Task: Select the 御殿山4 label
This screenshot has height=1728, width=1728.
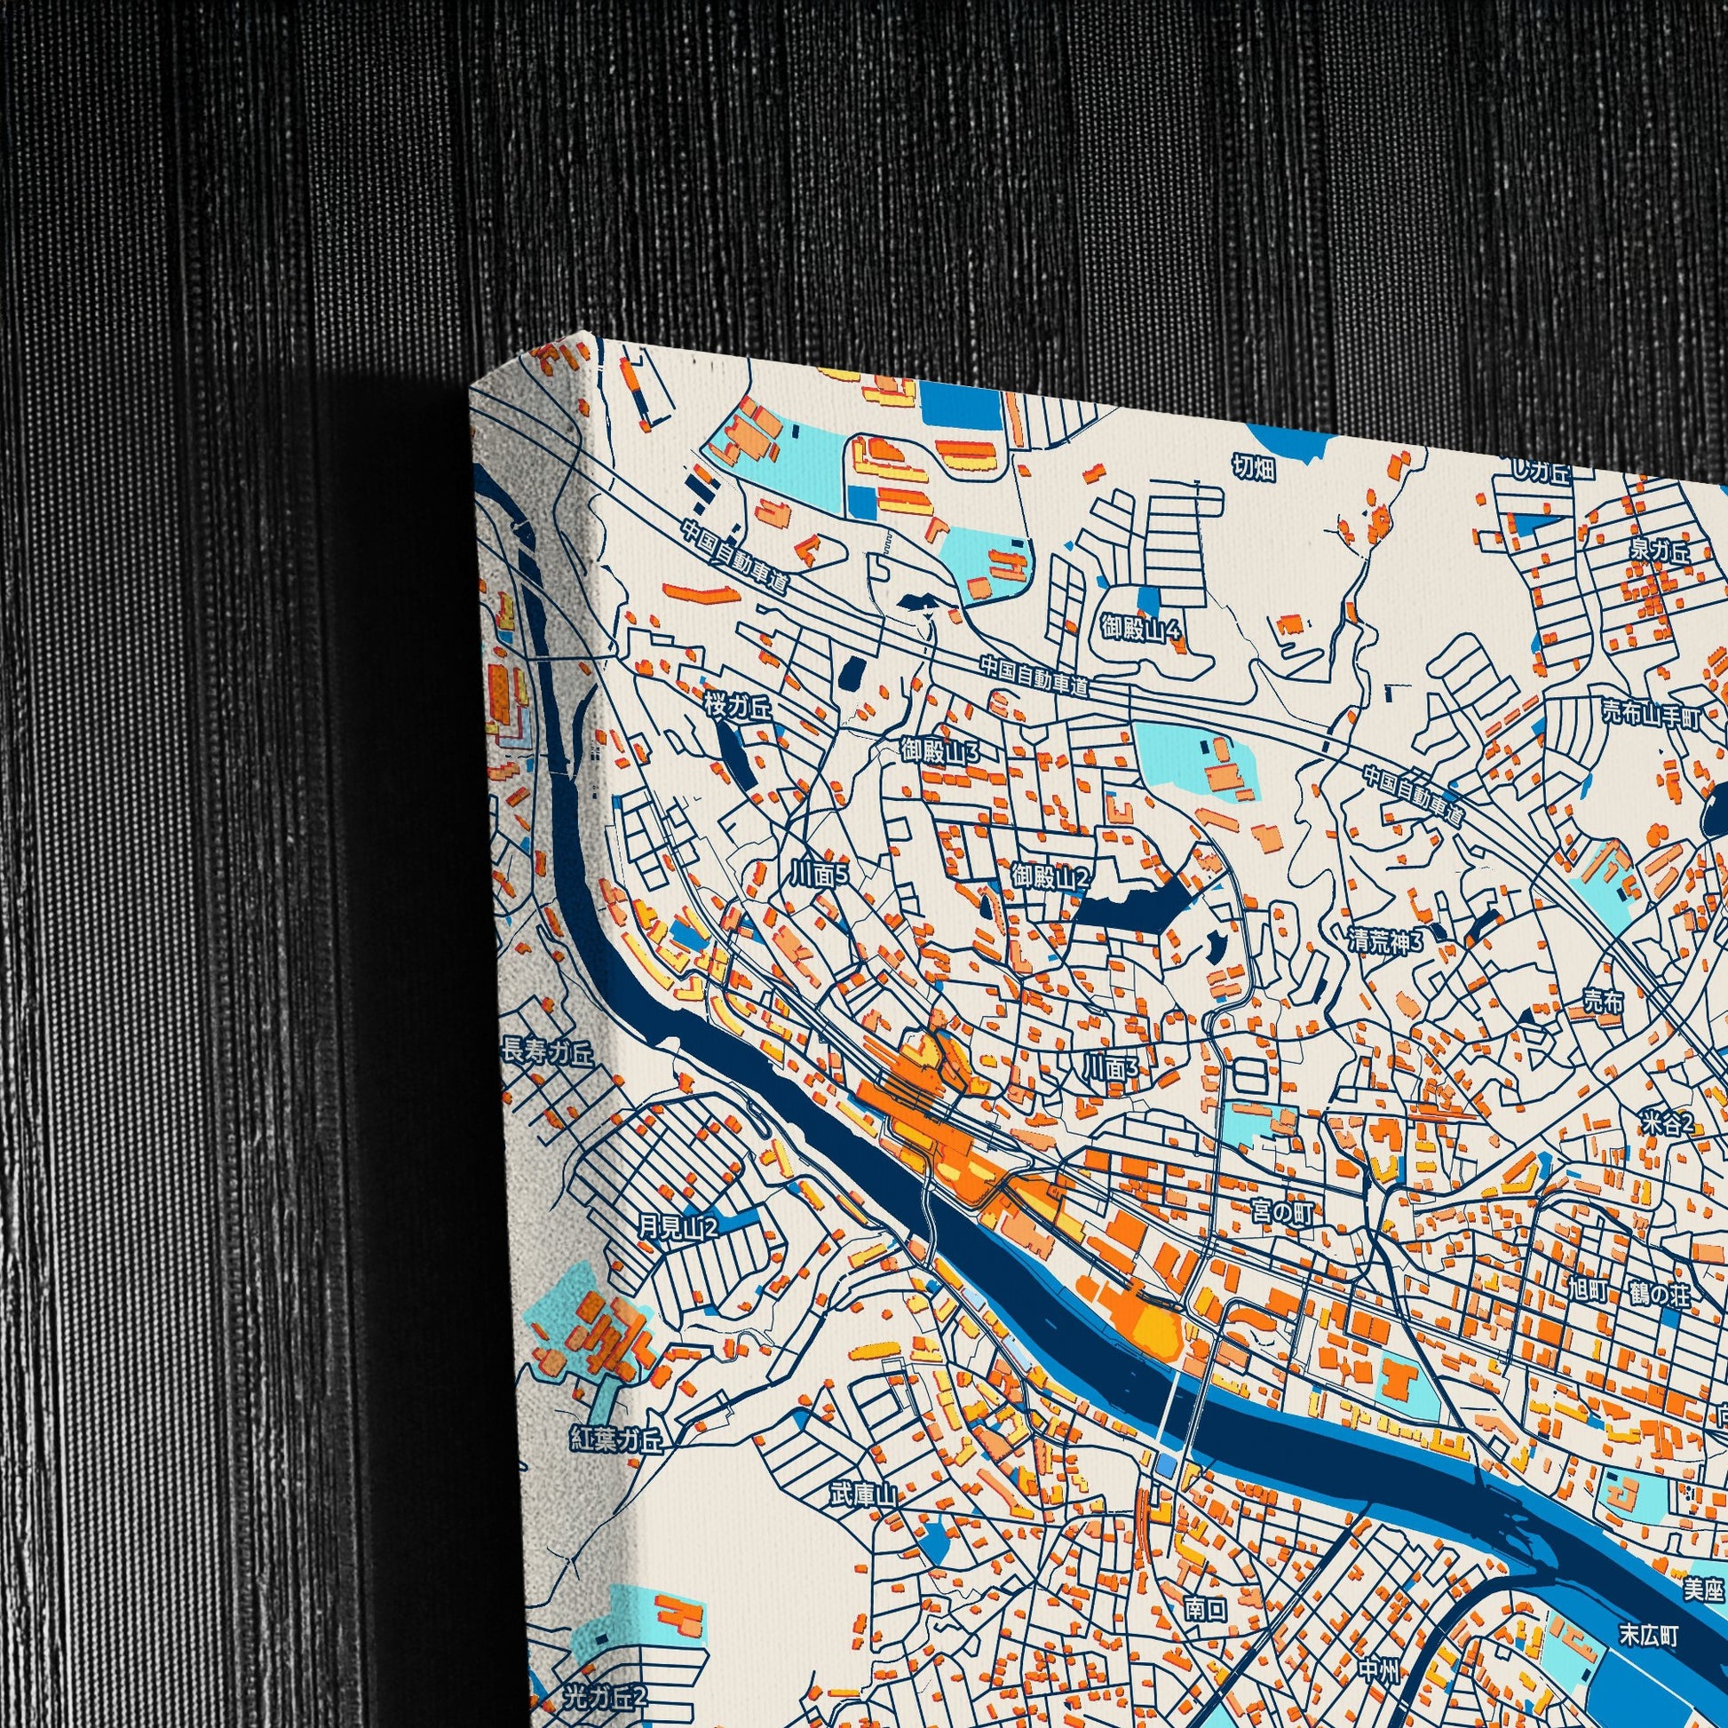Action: [x=1141, y=630]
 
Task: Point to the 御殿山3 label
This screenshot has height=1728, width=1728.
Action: [x=940, y=751]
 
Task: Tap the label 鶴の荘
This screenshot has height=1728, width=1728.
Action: [x=1660, y=1294]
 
